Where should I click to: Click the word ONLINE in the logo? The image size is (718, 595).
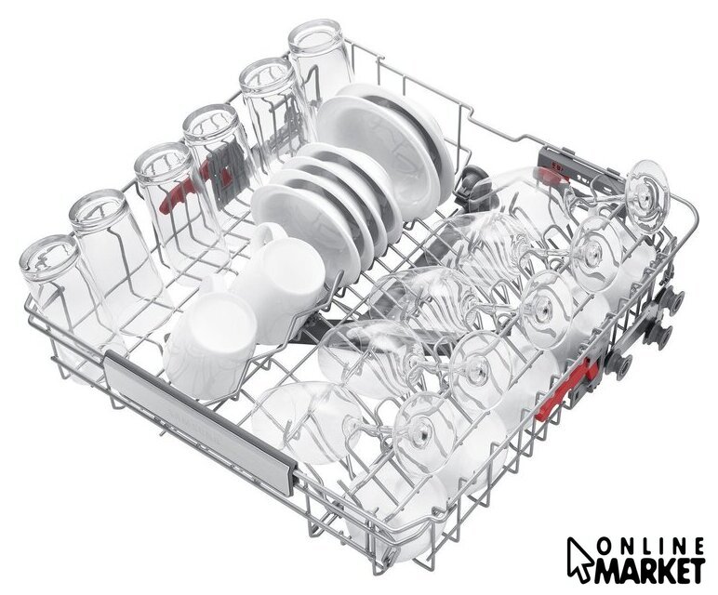pyautogui.click(x=653, y=546)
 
